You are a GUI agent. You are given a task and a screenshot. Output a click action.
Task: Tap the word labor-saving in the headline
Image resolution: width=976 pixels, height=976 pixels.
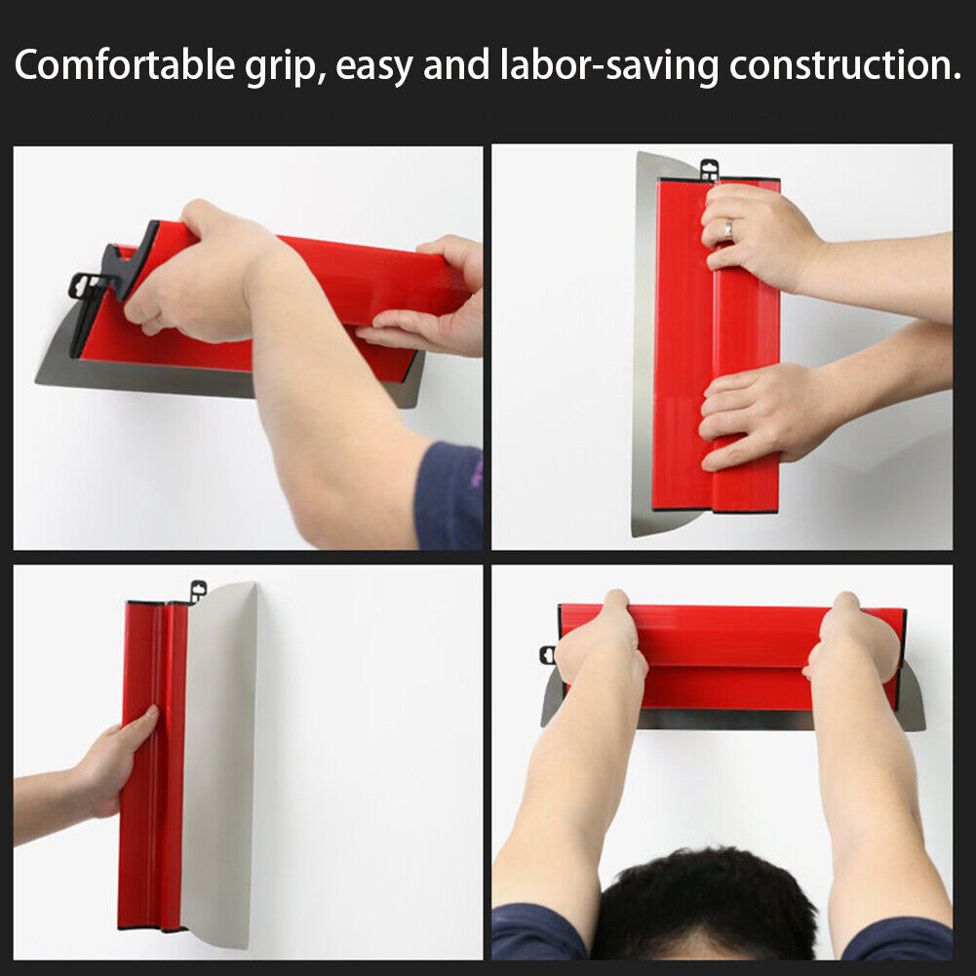[611, 66]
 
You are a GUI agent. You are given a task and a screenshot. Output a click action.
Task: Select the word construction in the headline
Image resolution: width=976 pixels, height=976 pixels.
[842, 66]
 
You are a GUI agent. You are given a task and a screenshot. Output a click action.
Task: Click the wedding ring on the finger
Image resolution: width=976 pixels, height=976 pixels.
[725, 229]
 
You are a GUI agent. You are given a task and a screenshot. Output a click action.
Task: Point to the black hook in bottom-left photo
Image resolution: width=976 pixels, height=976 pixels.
[198, 591]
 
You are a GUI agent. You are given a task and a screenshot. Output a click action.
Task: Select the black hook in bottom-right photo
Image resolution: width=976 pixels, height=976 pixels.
[547, 654]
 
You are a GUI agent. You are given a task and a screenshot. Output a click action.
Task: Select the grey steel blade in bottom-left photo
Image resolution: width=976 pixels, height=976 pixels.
[218, 761]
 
